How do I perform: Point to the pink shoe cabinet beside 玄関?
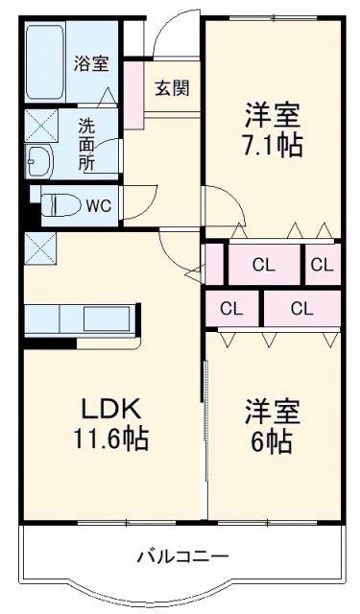tap(133, 90)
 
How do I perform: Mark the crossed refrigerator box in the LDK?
tap(40, 248)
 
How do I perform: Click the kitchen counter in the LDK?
tap(84, 319)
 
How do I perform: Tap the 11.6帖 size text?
tap(109, 440)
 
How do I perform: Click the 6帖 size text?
tap(272, 441)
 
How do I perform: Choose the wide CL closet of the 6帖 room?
tap(301, 308)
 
